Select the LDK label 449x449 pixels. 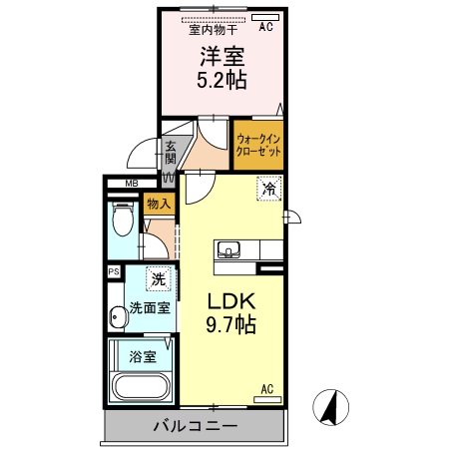[x=232, y=301]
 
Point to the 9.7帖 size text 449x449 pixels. [x=232, y=326]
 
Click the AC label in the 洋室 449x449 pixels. [x=266, y=28]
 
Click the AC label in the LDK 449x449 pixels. [x=267, y=389]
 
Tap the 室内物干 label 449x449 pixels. [x=208, y=28]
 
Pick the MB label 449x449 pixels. [x=131, y=184]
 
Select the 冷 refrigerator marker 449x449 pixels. [x=268, y=187]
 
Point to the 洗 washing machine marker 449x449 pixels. [x=156, y=278]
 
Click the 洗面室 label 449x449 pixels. [x=148, y=308]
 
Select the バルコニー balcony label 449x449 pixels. [x=195, y=426]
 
